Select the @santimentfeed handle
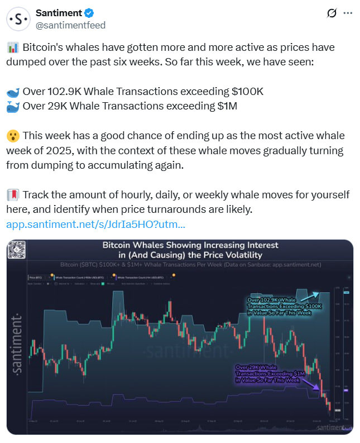pyautogui.click(x=70, y=25)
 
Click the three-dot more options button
pyautogui.click(x=347, y=13)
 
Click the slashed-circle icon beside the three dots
pyautogui.click(x=331, y=13)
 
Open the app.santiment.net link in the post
pyautogui.click(x=95, y=225)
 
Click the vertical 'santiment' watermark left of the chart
pyautogui.click(x=17, y=344)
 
